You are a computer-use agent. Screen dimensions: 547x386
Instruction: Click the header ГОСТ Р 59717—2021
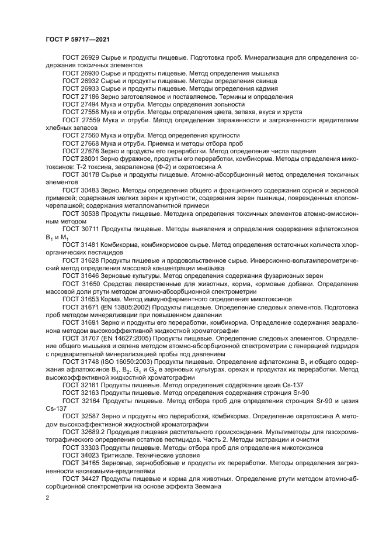click(78, 39)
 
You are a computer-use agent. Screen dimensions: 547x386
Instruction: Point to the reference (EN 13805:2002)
click(127, 305)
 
